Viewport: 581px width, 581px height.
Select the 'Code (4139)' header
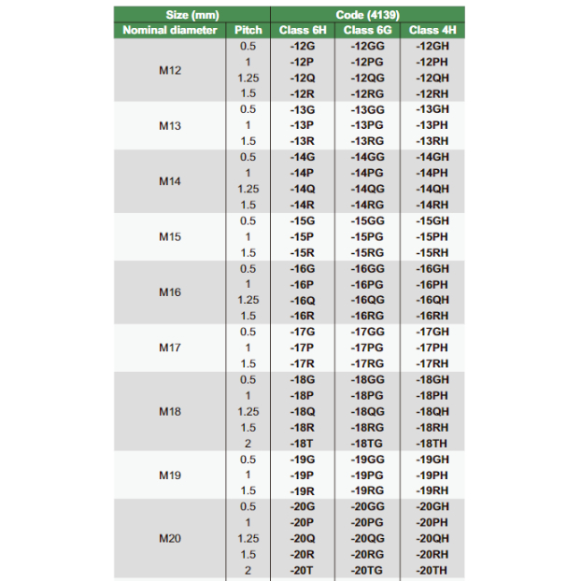click(368, 14)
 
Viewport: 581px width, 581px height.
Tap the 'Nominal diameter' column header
click(169, 30)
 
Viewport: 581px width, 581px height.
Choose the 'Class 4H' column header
click(432, 30)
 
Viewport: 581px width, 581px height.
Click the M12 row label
click(169, 70)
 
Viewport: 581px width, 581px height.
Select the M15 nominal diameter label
click(169, 236)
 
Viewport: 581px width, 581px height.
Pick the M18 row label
click(169, 411)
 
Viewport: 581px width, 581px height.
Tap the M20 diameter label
click(169, 538)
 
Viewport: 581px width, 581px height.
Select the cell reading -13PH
click(432, 125)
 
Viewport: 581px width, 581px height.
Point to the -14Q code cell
click(302, 189)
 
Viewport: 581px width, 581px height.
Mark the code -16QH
click(432, 300)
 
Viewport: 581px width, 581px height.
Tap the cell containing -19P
click(302, 475)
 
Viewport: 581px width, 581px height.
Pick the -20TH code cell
click(432, 570)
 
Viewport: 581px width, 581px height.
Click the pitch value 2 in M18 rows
click(248, 443)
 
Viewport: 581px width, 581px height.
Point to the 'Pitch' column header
click(248, 30)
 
